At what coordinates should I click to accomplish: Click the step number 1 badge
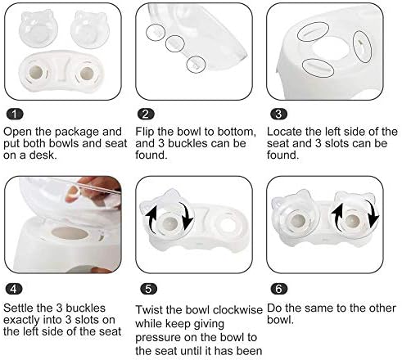point(15,114)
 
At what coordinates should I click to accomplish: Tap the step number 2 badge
point(146,114)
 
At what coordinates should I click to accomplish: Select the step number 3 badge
point(278,114)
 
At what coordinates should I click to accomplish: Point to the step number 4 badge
point(14,289)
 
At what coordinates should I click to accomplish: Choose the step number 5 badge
point(148,289)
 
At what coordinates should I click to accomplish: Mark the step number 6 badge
point(278,289)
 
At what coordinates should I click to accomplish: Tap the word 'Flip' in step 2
point(145,132)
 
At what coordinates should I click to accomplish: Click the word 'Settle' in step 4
point(18,308)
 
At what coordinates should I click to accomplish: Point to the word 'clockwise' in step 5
point(237,310)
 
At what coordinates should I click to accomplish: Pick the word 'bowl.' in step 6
point(280,320)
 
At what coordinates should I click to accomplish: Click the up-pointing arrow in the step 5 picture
point(151,218)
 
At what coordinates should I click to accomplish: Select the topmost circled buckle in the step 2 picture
point(156,33)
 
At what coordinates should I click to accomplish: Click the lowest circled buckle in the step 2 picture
point(196,65)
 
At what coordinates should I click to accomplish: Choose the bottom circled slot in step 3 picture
point(318,68)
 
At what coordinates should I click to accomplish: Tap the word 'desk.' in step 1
point(43,155)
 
